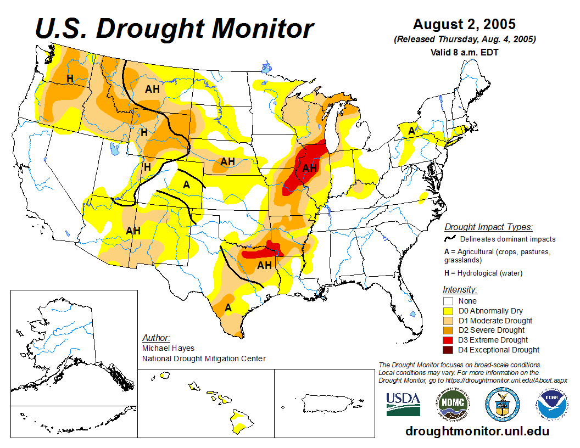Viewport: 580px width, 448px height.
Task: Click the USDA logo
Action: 403,404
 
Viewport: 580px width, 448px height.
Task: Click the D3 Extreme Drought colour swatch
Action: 448,340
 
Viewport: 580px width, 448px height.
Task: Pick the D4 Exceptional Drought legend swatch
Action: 448,350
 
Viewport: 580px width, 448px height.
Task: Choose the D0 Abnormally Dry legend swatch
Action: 448,311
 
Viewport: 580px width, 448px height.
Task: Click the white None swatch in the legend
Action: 448,301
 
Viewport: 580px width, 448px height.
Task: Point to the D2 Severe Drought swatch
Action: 448,330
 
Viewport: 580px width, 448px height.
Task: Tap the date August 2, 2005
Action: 464,25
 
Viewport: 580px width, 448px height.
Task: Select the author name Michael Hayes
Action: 168,348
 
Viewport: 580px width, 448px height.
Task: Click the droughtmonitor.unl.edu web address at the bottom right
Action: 477,431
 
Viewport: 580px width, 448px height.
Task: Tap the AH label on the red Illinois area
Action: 310,168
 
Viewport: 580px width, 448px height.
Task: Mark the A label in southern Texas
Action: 228,308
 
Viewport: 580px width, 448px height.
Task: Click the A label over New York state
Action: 411,131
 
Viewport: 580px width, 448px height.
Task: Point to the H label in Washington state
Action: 70,79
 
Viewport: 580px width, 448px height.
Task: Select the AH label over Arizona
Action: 133,231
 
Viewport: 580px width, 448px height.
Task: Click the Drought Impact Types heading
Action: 488,227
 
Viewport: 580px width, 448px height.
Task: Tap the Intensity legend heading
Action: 460,289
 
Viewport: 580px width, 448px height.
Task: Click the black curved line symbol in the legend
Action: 450,238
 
